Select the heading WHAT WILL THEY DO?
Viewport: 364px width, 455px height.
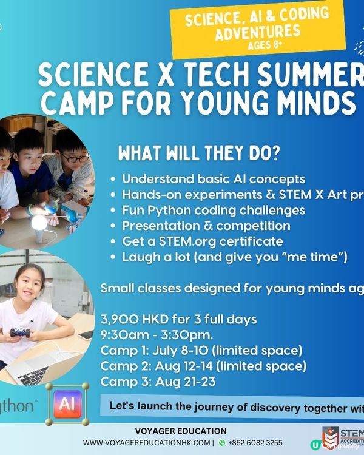[198, 153]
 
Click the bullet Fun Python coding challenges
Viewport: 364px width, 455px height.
[213, 211]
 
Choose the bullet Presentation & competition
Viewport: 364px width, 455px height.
[206, 226]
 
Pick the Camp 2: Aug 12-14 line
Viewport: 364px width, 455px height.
[203, 366]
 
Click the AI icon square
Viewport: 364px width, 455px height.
[67, 404]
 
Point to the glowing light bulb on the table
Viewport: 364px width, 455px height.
[40, 224]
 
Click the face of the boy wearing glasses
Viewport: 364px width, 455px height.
[73, 160]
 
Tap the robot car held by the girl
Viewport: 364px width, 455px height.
[19, 332]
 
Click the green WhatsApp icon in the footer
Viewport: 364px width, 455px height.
[221, 443]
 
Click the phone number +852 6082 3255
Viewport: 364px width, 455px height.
[255, 443]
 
